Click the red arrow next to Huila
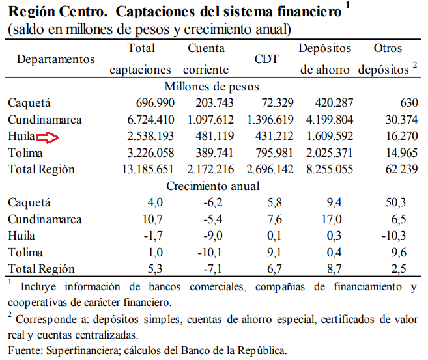[48, 137]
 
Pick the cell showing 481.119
[207, 137]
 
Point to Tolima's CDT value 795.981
[270, 153]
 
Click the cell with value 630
[408, 103]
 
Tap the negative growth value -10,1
[214, 252]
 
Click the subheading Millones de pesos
[212, 87]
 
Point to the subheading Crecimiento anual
[212, 186]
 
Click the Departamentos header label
[56, 59]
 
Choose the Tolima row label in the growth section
[25, 252]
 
